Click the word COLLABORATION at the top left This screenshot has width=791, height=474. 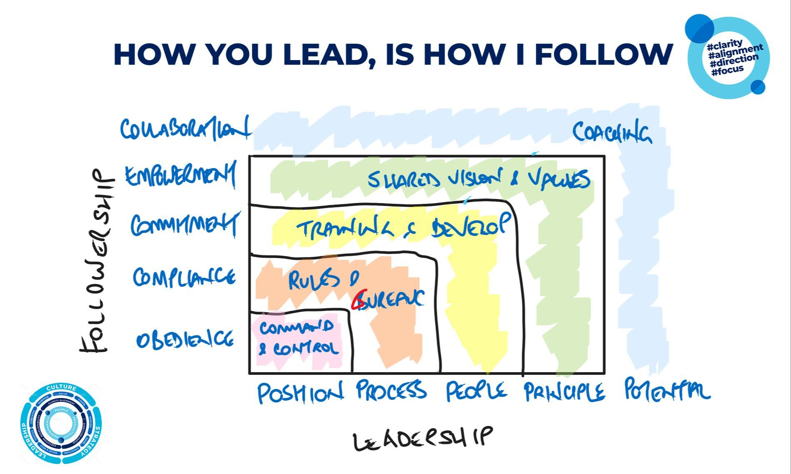pyautogui.click(x=185, y=129)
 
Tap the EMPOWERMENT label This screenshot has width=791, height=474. pyautogui.click(x=181, y=176)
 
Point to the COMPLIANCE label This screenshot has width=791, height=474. pyautogui.click(x=184, y=277)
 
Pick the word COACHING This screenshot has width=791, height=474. pyautogui.click(x=611, y=133)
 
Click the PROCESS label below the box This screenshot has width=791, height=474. pyautogui.click(x=391, y=391)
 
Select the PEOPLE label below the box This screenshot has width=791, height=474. pyautogui.click(x=476, y=391)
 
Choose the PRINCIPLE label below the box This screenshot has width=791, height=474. pyautogui.click(x=564, y=392)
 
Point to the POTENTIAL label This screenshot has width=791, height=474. pyautogui.click(x=666, y=391)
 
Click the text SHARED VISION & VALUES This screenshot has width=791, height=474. pyautogui.click(x=478, y=180)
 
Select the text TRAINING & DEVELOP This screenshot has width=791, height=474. pyautogui.click(x=403, y=227)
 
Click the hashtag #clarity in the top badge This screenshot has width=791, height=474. pyautogui.click(x=725, y=44)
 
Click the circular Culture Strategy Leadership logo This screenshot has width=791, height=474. pyautogui.click(x=61, y=423)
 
